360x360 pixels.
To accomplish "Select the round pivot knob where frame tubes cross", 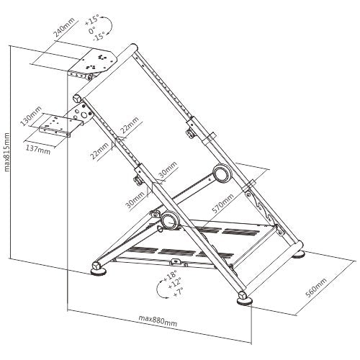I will tap(168, 220).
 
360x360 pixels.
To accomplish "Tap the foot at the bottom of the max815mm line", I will tap(96, 270).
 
